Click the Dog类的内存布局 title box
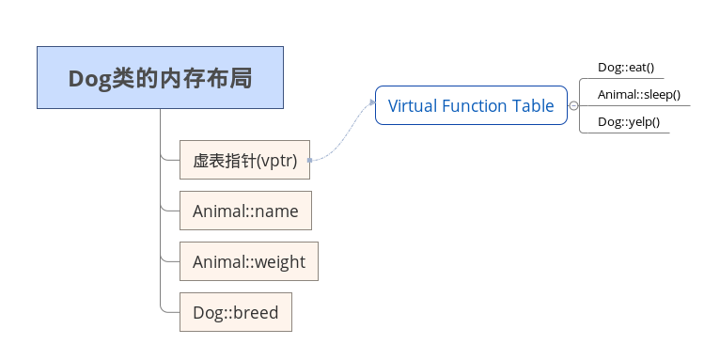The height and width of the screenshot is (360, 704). pos(160,78)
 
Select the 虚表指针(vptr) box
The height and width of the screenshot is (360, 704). pos(244,161)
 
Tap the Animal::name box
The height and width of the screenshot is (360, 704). pos(245,211)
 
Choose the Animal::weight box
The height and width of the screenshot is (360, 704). pos(249,262)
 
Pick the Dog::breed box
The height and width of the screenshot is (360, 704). pos(235,312)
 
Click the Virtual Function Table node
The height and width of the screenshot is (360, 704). pos(471,105)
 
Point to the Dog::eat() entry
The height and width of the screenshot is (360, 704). pos(625,68)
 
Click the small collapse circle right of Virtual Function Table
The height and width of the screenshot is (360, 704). pos(573,106)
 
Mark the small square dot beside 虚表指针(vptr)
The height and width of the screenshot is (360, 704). pos(309,161)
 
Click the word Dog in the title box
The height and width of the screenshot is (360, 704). pos(89,78)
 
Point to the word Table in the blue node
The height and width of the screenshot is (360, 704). pos(533,105)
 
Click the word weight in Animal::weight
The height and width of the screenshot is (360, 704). pos(280,262)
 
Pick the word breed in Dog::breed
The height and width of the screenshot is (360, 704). pos(254,312)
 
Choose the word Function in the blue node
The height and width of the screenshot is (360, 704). pos(475,105)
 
